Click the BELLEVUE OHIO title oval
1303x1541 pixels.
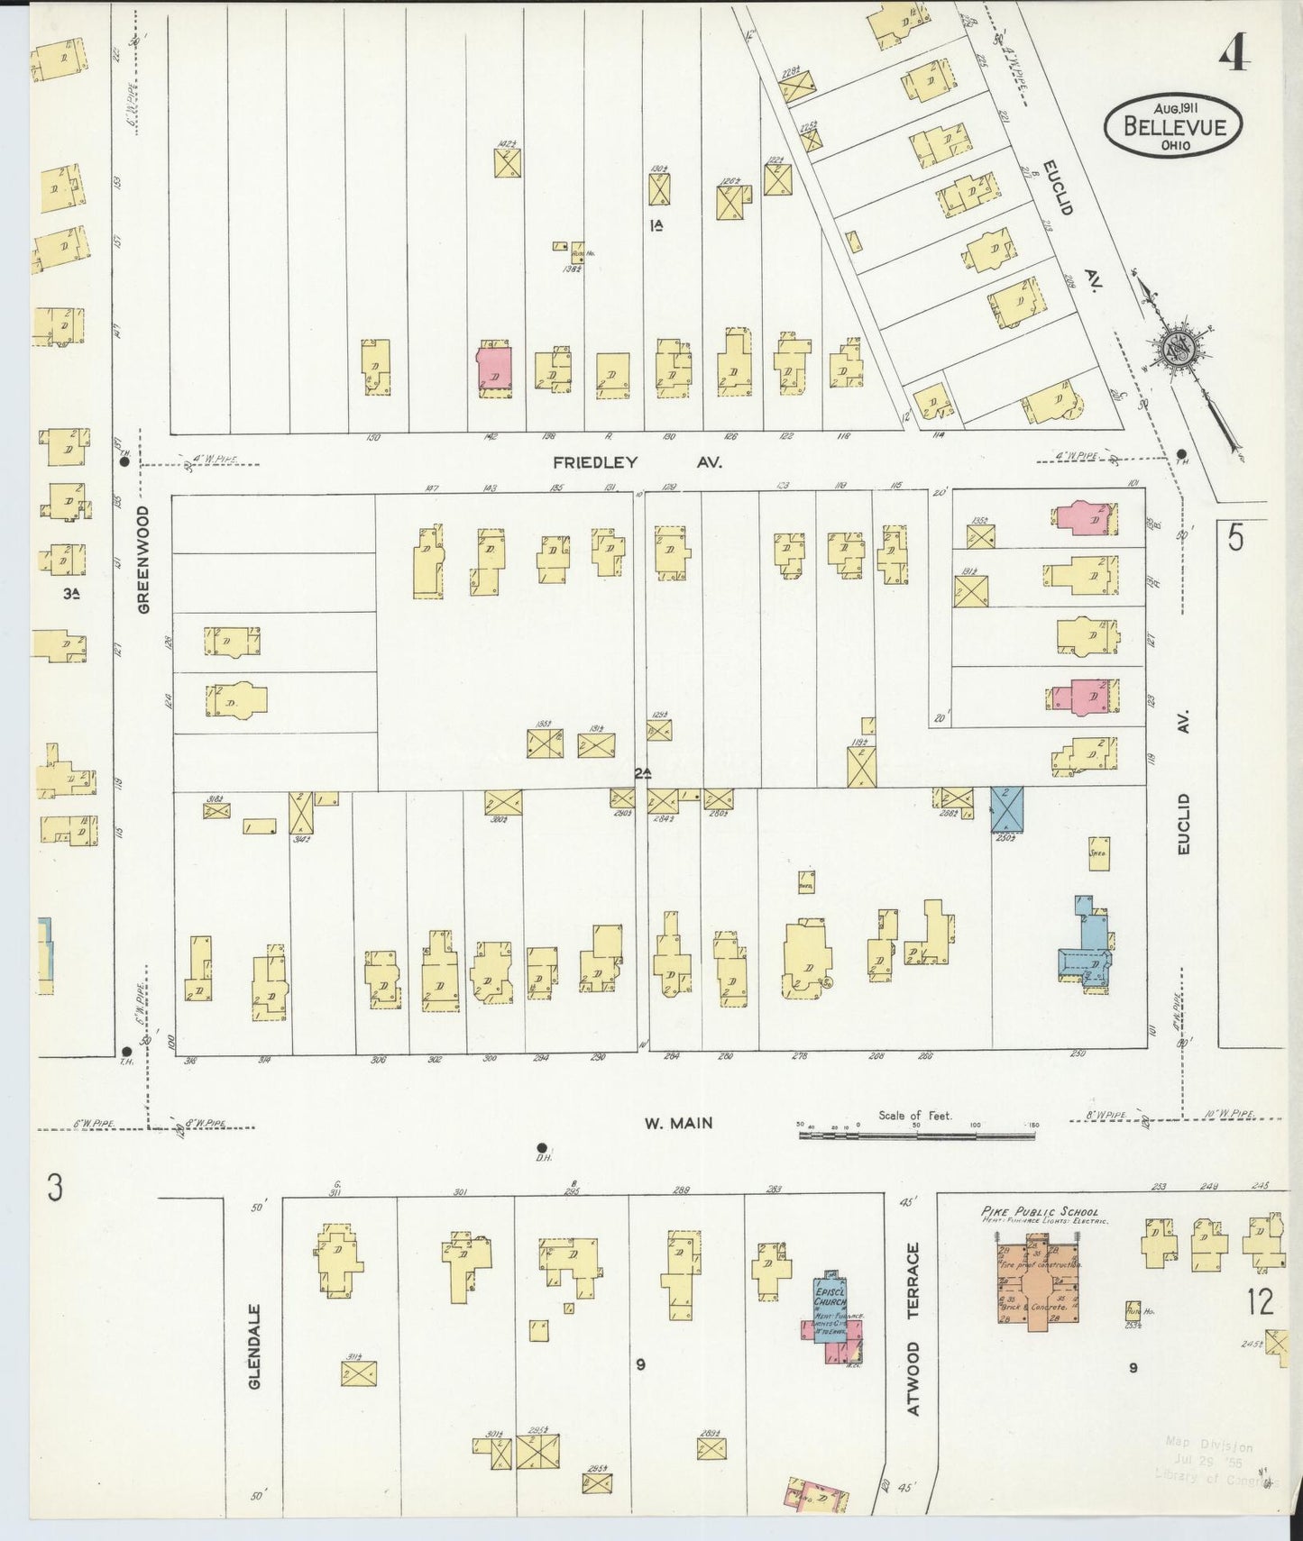tap(1174, 125)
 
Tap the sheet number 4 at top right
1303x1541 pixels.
tap(1234, 56)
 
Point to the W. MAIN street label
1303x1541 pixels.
tap(678, 1123)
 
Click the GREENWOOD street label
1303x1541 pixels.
tap(144, 559)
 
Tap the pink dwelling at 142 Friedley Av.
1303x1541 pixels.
tap(494, 369)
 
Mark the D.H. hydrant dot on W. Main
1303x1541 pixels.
tap(542, 1147)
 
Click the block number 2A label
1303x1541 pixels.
tap(642, 773)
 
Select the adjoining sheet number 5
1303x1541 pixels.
tap(1234, 538)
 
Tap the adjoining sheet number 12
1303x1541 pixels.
tap(1261, 1303)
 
